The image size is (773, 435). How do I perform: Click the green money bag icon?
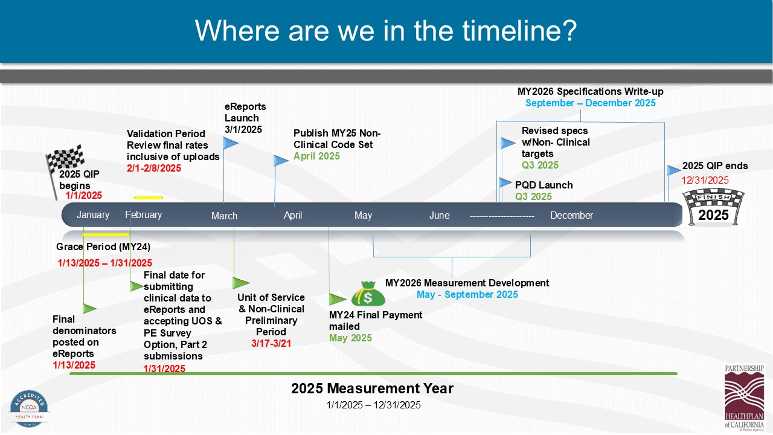coord(368,294)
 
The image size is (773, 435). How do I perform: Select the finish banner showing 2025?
coord(713,207)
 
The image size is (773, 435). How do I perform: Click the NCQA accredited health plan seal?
coord(29,408)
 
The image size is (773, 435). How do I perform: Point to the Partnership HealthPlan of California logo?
coord(745,398)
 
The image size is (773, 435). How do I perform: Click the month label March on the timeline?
coord(224,216)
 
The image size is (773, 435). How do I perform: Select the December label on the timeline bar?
coord(571,215)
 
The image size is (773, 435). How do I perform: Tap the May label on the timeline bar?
coord(363,216)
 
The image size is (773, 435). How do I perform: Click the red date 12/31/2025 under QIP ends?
coord(705,180)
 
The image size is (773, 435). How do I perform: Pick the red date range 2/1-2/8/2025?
coord(154,168)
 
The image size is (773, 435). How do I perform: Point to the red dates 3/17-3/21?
coord(271,344)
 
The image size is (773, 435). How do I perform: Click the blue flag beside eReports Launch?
coord(230,143)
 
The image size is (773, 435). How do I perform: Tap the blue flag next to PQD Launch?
coord(505,182)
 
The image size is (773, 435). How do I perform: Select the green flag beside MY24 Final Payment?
coord(337,299)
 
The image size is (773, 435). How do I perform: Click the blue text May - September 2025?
coord(467,294)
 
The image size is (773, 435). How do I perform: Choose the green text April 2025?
coord(316,156)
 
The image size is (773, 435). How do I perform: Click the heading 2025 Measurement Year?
coord(372,388)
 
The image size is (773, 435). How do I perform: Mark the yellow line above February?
coord(149,198)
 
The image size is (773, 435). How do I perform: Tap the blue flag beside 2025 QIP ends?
coord(673,170)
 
